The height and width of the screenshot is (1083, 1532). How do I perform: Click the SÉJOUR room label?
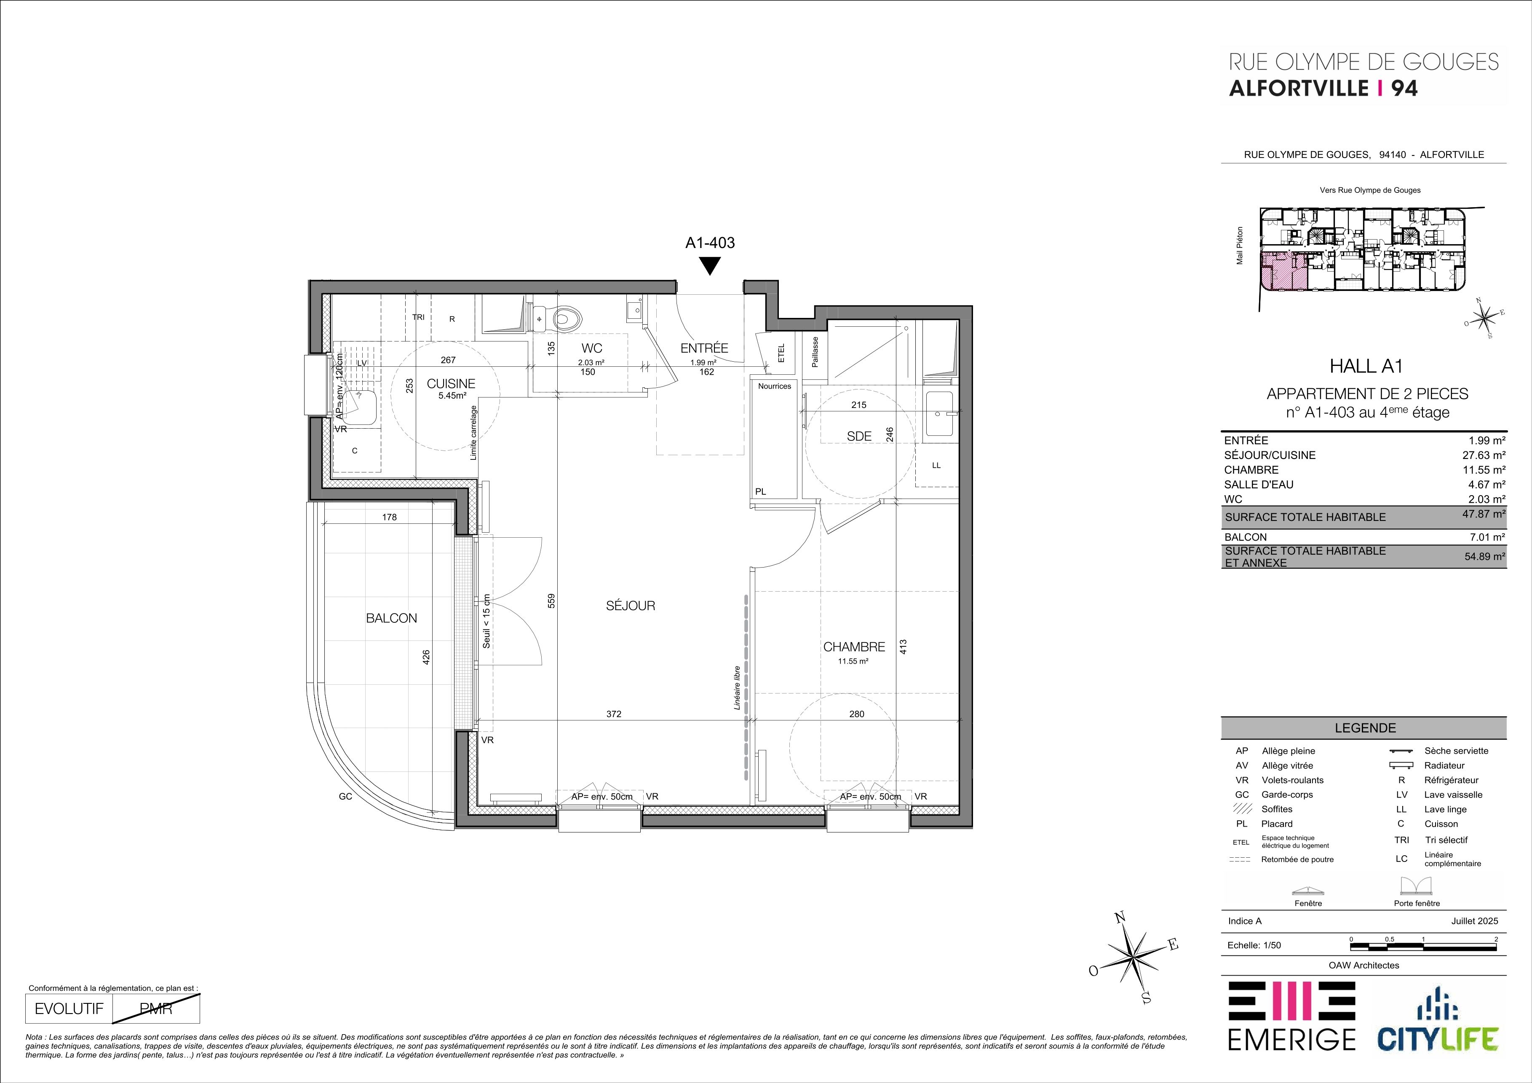(x=631, y=606)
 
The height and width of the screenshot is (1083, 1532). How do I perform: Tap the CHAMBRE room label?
(x=854, y=647)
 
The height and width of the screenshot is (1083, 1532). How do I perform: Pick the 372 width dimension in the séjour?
(x=614, y=714)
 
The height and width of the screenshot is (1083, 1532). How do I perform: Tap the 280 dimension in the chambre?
(x=857, y=714)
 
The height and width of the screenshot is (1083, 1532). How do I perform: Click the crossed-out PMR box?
(x=157, y=1009)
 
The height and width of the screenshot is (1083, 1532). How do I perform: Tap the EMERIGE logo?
(x=1292, y=1024)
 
